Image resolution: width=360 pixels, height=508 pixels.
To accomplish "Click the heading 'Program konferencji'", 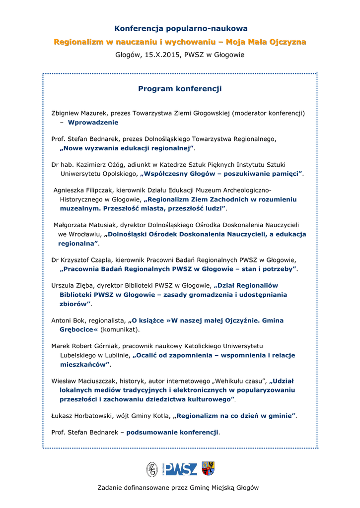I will click(180, 89).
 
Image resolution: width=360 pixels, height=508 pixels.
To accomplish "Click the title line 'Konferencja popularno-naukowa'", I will click(181, 29).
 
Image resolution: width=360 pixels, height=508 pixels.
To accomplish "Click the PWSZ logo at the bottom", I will click(181, 469).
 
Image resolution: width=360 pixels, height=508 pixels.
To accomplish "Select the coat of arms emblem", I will click(208, 468).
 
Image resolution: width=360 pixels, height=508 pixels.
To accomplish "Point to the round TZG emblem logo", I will click(151, 469).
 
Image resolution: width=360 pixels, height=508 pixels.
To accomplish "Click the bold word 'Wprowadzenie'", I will click(93, 122).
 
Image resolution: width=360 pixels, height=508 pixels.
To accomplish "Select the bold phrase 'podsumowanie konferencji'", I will click(172, 433).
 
